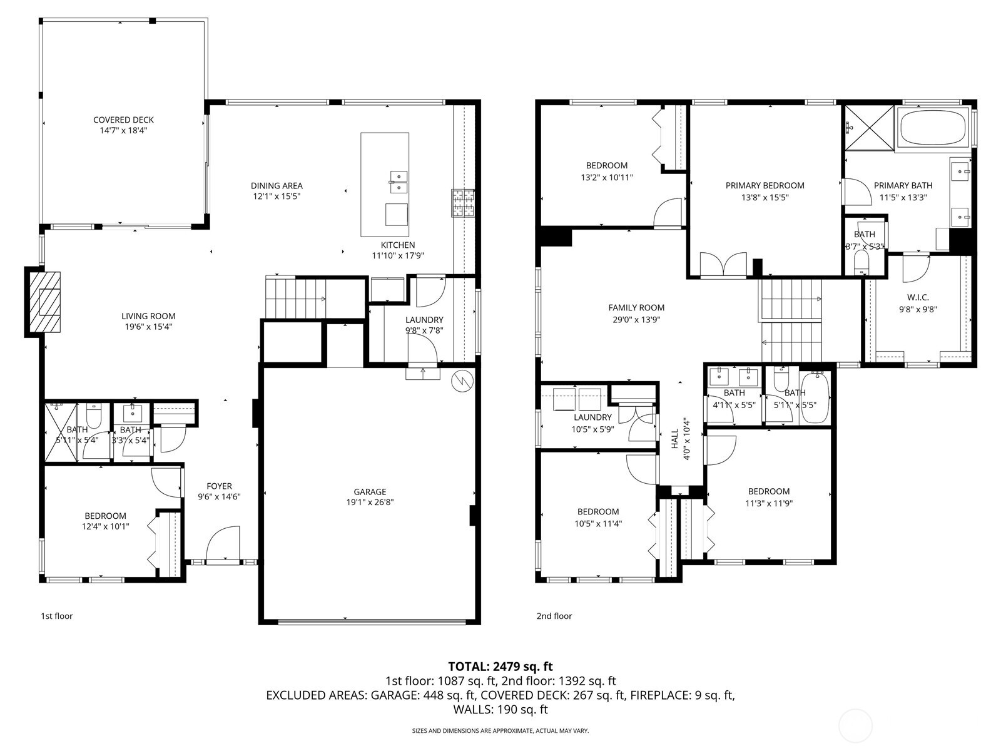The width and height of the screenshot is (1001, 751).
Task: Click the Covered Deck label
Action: [x=123, y=120]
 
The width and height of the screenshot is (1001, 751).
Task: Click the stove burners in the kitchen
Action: [x=464, y=203]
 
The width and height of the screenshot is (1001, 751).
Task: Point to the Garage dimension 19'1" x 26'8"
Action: [x=370, y=503]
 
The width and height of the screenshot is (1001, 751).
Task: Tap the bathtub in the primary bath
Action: [x=932, y=128]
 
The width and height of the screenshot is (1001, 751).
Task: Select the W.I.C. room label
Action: [x=917, y=297]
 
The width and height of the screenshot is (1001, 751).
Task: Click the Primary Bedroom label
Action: [x=765, y=186]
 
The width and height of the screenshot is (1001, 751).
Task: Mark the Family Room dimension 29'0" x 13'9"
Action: [x=636, y=319]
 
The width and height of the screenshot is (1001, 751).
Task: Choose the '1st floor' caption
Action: [x=57, y=616]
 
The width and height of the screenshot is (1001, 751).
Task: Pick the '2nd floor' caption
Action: [x=554, y=616]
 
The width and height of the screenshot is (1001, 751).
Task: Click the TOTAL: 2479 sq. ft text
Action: [x=500, y=667]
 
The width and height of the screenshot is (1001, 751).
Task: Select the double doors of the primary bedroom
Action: [x=724, y=265]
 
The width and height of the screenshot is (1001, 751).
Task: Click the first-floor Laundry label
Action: [x=424, y=320]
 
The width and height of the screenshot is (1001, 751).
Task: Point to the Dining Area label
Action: [x=277, y=186]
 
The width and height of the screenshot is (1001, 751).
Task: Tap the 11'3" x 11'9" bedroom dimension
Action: [x=768, y=503]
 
